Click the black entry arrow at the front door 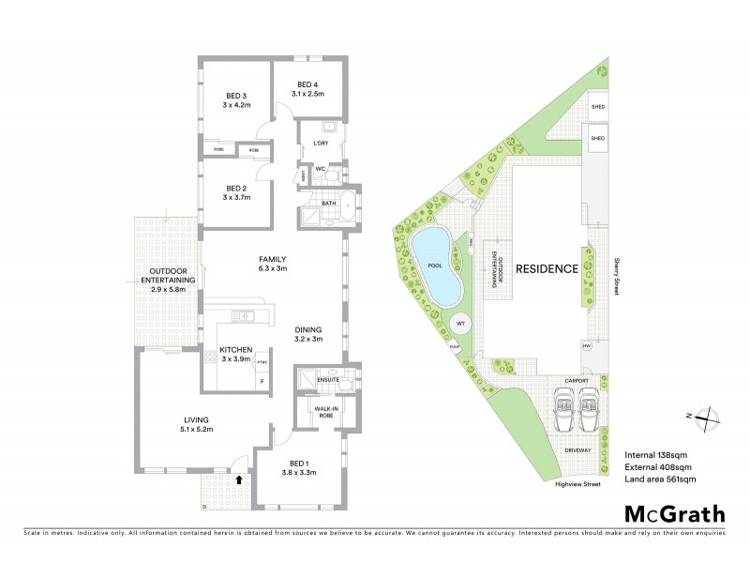239,479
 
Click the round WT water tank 461,324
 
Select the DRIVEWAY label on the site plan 577,449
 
